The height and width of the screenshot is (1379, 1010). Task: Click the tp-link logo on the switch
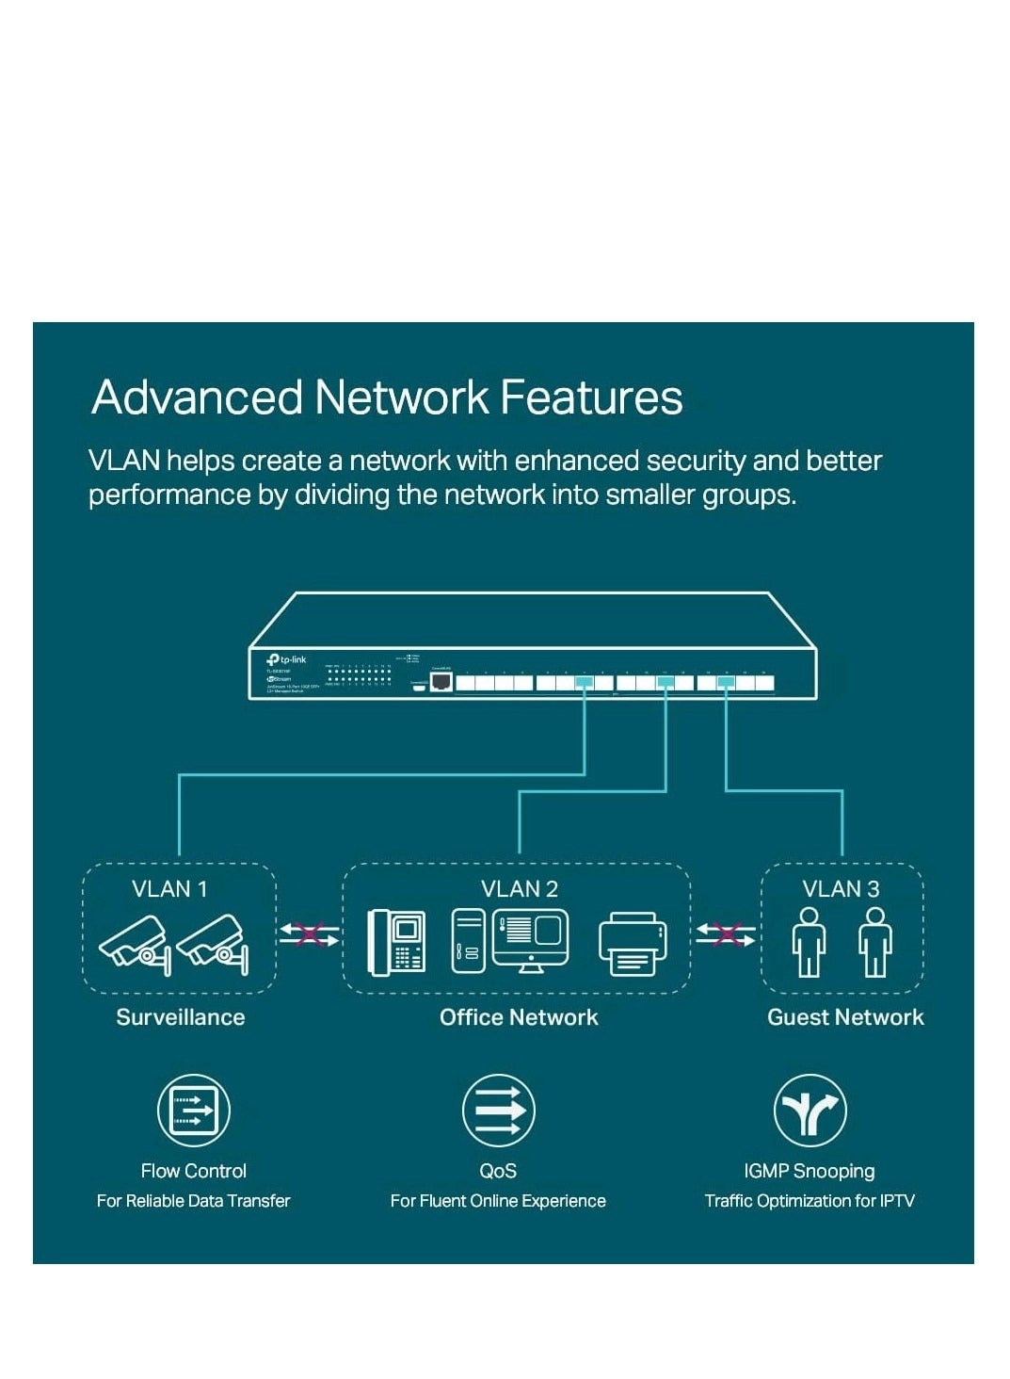click(286, 659)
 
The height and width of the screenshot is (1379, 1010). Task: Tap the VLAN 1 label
click(169, 888)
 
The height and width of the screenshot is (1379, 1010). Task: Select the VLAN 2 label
click(519, 888)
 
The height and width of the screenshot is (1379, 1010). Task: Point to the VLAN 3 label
click(841, 888)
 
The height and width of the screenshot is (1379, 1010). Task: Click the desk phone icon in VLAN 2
click(396, 941)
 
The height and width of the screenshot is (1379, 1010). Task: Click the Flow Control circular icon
click(193, 1111)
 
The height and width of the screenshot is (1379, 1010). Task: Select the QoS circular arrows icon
click(499, 1111)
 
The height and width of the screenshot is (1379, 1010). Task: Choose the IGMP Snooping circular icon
click(810, 1111)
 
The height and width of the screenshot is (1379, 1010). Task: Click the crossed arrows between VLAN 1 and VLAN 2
click(309, 934)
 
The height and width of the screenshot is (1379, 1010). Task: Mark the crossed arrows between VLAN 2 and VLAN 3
click(725, 934)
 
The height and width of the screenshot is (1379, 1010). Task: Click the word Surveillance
click(180, 1017)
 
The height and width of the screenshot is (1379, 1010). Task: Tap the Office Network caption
click(519, 1017)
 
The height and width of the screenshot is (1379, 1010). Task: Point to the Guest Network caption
click(845, 1017)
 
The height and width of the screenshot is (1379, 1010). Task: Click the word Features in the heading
click(591, 397)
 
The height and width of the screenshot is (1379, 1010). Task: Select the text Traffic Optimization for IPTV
click(810, 1201)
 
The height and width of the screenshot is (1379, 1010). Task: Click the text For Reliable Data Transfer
click(193, 1201)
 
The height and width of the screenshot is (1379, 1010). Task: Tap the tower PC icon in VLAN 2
click(468, 941)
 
